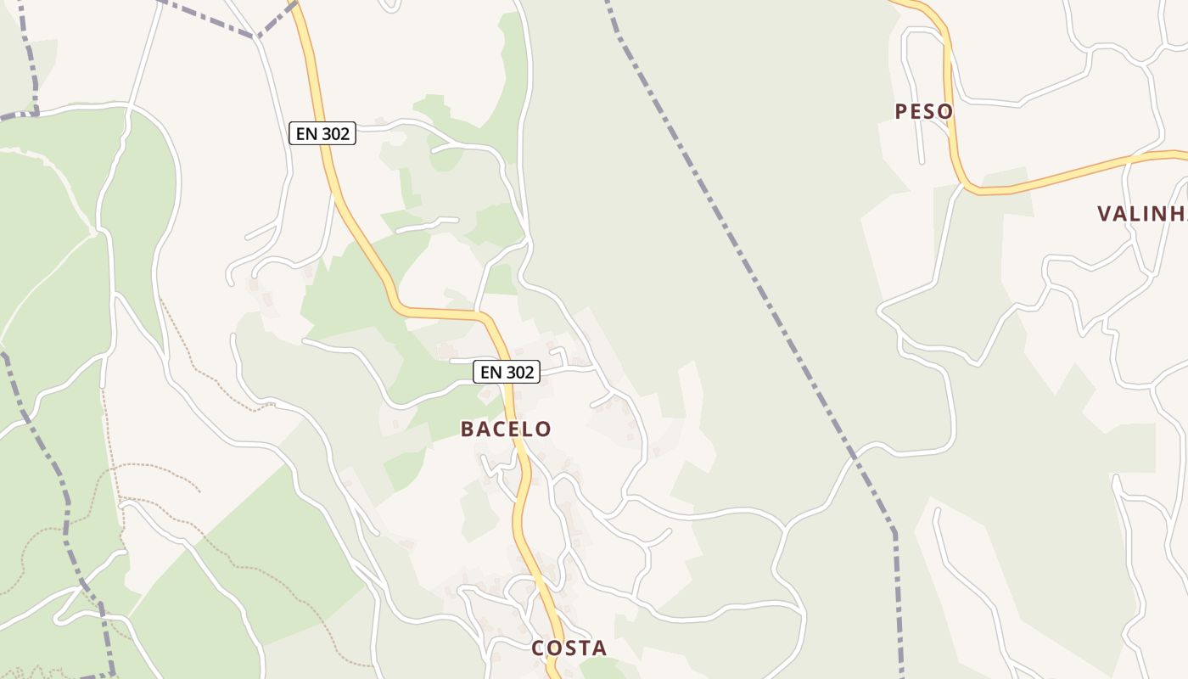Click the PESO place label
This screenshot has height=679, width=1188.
924,111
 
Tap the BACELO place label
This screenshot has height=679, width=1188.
506,429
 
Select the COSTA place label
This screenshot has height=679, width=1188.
569,648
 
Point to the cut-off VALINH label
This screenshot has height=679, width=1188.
1141,213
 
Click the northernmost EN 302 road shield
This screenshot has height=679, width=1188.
322,133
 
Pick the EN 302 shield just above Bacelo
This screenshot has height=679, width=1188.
506,372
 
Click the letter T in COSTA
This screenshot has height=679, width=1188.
582,648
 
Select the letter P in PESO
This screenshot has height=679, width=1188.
901,111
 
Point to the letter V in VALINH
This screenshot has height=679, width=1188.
1105,213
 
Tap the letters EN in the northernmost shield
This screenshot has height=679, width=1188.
305,133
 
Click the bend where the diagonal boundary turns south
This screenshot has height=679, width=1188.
893,533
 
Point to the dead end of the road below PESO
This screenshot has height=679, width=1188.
922,161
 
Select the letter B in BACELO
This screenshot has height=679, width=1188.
468,429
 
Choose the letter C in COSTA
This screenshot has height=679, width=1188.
538,648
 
